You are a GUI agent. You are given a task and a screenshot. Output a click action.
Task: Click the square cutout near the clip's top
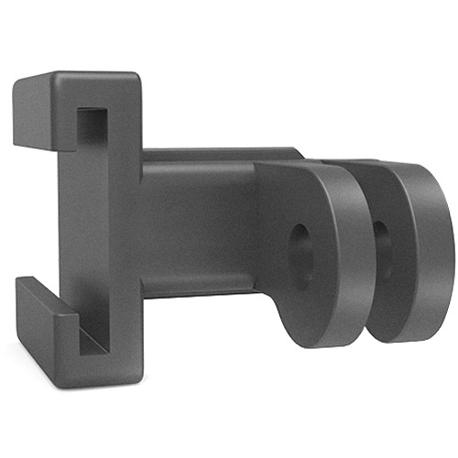(x=92, y=123)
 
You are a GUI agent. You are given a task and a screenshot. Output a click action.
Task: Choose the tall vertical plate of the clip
(x=114, y=229)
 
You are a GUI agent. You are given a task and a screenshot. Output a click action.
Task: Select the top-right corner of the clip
(x=136, y=75)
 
